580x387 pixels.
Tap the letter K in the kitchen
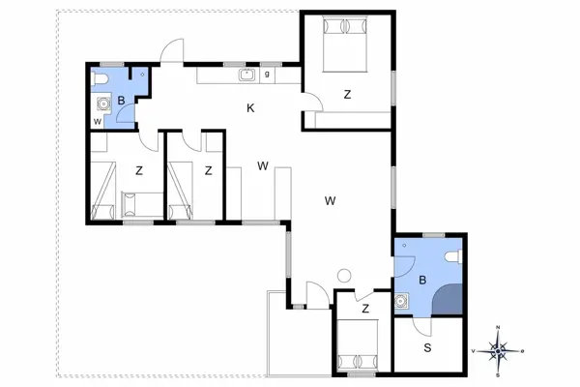249,108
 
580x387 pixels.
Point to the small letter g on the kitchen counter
267,74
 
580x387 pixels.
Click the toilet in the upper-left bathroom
102,77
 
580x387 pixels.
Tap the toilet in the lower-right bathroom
453,255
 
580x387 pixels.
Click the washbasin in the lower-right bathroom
402,302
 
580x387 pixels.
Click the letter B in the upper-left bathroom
122,99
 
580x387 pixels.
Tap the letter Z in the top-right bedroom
347,94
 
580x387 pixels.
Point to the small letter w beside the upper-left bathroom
98,121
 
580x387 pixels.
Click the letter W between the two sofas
262,165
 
